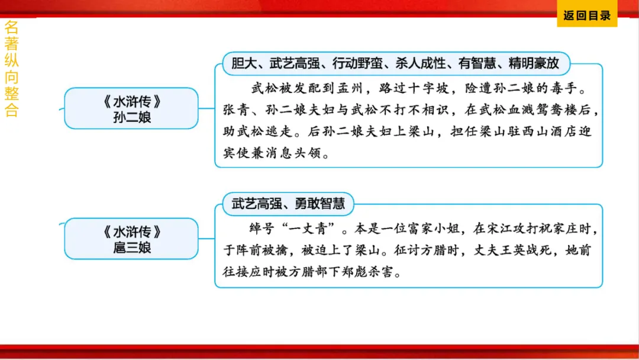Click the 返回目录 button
586,16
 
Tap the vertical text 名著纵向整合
11,69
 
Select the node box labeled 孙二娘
131,109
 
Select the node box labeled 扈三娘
131,239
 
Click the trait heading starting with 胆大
395,62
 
